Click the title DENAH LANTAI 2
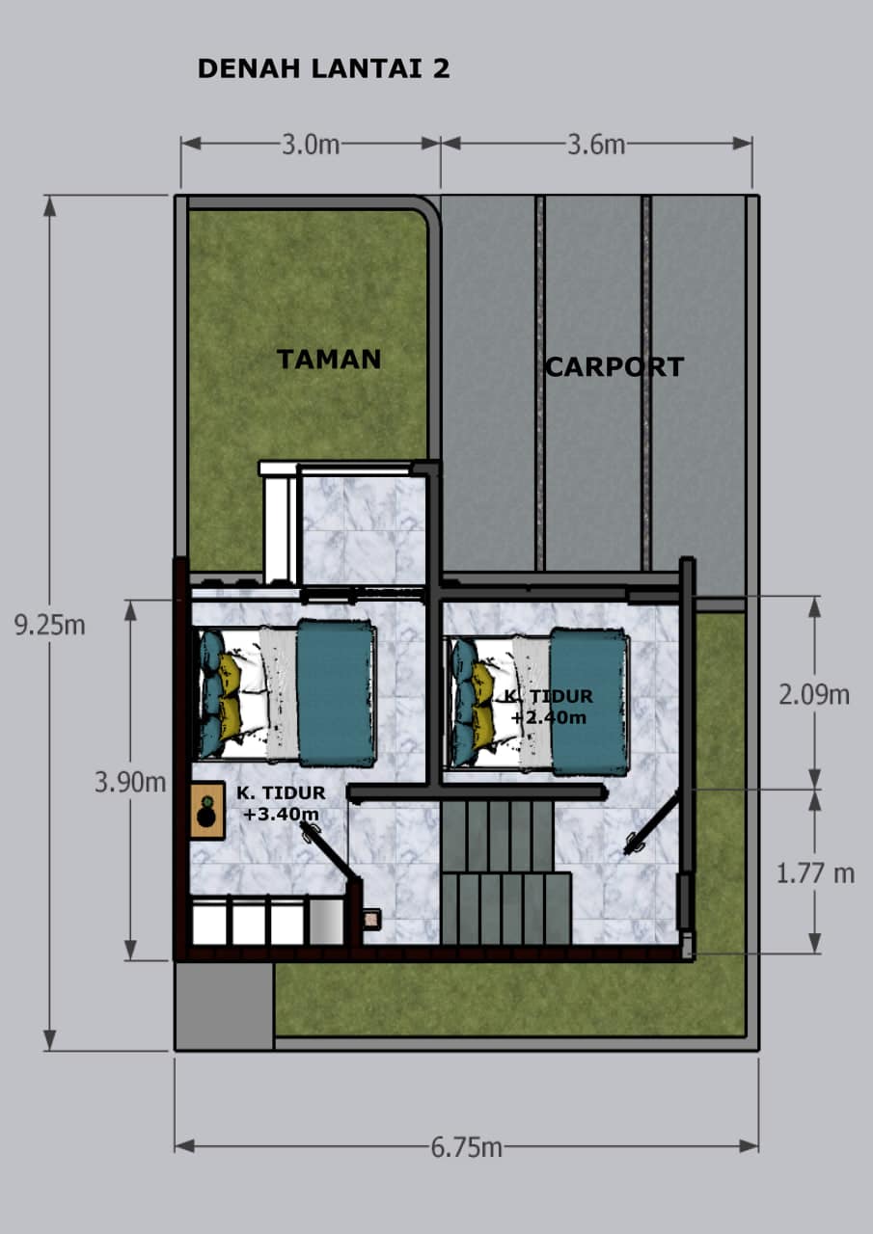click(323, 68)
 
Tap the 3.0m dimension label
click(311, 145)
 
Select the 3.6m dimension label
click(596, 145)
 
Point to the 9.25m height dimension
click(49, 626)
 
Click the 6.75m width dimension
click(466, 1147)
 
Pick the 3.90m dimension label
click(130, 782)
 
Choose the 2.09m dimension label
click(814, 695)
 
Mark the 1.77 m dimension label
click(815, 873)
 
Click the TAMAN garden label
click(329, 360)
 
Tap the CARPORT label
click(614, 367)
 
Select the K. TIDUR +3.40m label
click(281, 803)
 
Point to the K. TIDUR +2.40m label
click(549, 707)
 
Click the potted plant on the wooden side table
click(206, 812)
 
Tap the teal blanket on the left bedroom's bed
click(337, 693)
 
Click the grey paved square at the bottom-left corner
click(225, 1006)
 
